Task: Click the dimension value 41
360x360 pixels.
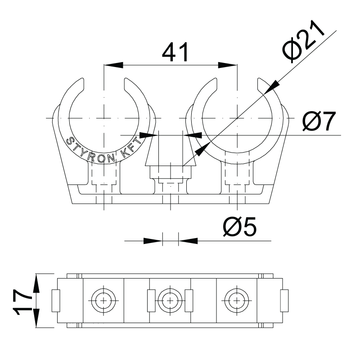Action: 175,52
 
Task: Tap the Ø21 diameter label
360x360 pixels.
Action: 303,41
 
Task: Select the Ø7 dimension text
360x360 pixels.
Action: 319,121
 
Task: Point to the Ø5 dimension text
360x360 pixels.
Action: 240,227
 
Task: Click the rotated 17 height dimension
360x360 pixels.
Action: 23,301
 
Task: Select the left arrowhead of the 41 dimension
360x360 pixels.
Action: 113,65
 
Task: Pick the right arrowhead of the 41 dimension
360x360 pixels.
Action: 228,65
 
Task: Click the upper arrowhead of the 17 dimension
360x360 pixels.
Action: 36,283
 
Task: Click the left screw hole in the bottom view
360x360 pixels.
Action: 103,301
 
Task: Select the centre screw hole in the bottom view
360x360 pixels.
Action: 170,301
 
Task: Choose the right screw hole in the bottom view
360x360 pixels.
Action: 237,301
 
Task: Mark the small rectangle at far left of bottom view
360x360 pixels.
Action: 56,301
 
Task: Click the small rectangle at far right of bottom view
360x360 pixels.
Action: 284,301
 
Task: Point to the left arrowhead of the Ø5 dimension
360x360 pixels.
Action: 153,241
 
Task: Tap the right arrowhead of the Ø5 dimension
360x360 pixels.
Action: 188,241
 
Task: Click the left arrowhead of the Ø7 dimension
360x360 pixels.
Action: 149,135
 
